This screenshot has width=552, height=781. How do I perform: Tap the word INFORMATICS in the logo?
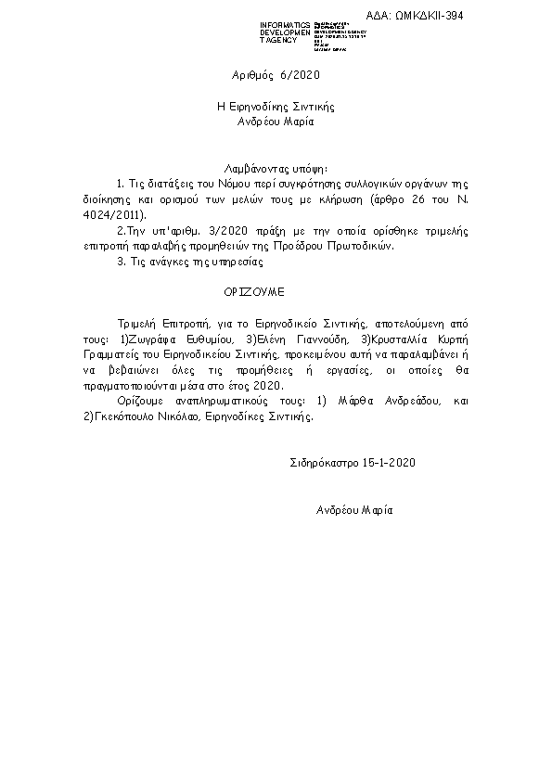284,24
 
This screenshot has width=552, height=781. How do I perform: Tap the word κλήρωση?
340,199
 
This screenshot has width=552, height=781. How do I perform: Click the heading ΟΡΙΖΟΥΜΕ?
252,291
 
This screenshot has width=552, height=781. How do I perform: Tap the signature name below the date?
354,510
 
